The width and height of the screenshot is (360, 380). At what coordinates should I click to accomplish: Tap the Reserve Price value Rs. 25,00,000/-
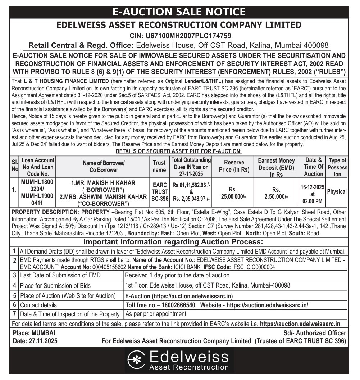pos(234,193)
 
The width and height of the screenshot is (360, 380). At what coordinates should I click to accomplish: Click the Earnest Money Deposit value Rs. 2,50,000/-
pos(276,193)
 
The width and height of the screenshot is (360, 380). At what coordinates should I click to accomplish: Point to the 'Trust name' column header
pos(159,167)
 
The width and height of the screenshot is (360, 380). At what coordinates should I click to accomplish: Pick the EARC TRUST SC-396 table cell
pos(159,192)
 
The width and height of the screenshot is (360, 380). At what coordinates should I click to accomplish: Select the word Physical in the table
pos(337,192)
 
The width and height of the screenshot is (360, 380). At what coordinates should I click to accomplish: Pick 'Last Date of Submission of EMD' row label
pos(60,275)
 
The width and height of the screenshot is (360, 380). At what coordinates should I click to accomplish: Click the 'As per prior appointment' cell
pos(155,314)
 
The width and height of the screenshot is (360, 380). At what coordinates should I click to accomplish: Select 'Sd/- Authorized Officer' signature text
pos(314,333)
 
